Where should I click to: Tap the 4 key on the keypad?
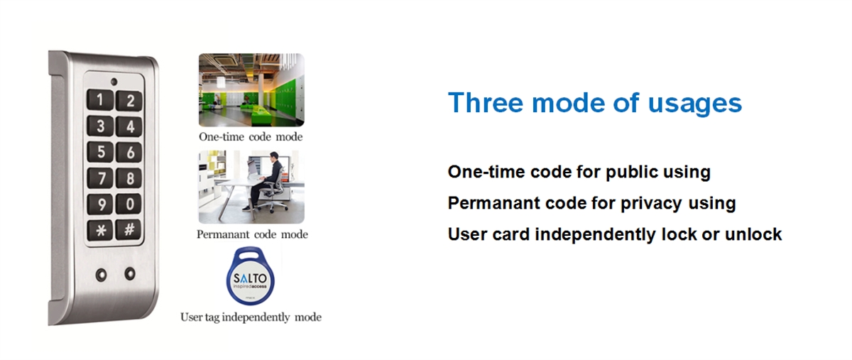[129, 126]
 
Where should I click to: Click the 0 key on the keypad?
[129, 204]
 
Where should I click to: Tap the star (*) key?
[100, 230]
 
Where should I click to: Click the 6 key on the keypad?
[129, 152]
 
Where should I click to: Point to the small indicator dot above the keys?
[114, 82]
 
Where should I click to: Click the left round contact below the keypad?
[101, 274]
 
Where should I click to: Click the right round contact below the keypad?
[130, 273]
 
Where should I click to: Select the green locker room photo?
[251, 90]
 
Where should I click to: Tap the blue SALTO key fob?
[250, 276]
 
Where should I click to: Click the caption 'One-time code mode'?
[251, 136]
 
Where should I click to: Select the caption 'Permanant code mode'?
[252, 234]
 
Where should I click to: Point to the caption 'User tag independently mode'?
[251, 317]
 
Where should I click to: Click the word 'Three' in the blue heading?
[486, 103]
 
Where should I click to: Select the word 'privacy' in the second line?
[651, 204]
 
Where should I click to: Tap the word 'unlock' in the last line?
[753, 234]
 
